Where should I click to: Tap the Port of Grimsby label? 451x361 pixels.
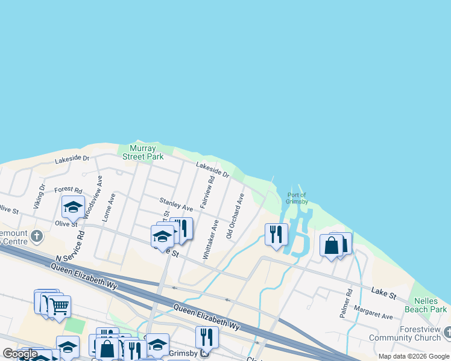(x=297, y=198)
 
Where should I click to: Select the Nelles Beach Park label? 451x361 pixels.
(x=430, y=305)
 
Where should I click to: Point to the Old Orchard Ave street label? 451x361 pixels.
(x=235, y=216)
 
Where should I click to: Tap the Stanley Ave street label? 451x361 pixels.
(x=176, y=203)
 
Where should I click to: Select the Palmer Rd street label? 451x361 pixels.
(x=345, y=304)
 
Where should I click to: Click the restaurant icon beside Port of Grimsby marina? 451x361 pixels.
(x=276, y=233)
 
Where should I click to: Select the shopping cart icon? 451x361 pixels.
(x=58, y=306)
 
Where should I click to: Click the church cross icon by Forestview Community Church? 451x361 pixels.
(x=447, y=332)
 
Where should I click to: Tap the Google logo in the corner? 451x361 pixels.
(x=20, y=354)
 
